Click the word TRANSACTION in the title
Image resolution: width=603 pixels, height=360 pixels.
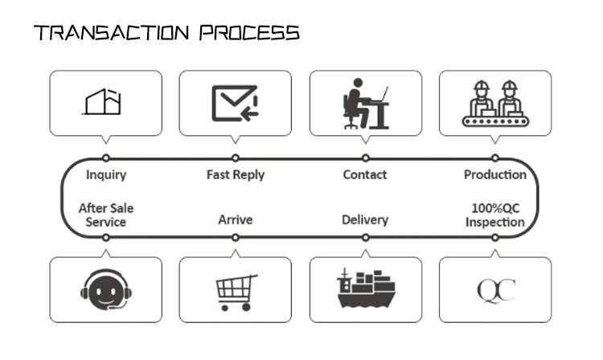pyautogui.click(x=111, y=33)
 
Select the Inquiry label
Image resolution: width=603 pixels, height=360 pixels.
pyautogui.click(x=106, y=174)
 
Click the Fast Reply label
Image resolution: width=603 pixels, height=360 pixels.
pyautogui.click(x=236, y=174)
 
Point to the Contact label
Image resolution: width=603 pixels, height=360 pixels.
pyautogui.click(x=365, y=174)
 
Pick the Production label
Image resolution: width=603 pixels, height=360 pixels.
pyautogui.click(x=495, y=174)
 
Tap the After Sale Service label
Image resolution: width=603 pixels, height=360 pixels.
pyautogui.click(x=106, y=215)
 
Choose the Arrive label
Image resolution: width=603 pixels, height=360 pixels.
pyautogui.click(x=236, y=219)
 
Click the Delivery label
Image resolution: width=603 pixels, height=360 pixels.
pyautogui.click(x=365, y=219)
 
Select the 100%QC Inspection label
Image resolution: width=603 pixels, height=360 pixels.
pyautogui.click(x=495, y=215)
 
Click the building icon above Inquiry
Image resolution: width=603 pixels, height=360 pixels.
pyautogui.click(x=103, y=102)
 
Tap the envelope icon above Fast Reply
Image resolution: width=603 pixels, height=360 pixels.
pyautogui.click(x=235, y=103)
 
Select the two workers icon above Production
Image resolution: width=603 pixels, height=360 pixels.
pyautogui.click(x=495, y=103)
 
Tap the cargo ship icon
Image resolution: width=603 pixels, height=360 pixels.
pyautogui.click(x=366, y=288)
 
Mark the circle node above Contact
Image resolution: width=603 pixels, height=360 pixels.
pyautogui.click(x=365, y=158)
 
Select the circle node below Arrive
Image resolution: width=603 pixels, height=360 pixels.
pyautogui.click(x=236, y=237)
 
